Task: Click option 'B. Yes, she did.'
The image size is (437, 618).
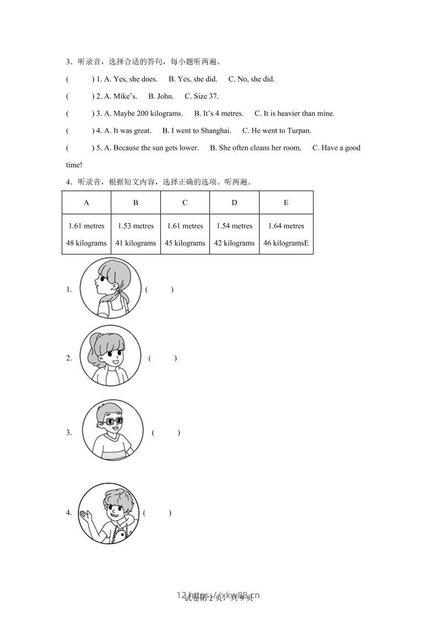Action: (x=193, y=79)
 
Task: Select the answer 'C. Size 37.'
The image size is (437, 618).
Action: (x=202, y=96)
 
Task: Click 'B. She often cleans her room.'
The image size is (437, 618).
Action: (x=256, y=148)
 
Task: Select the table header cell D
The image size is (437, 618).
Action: (x=234, y=203)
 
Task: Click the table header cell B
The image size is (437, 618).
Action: (x=136, y=203)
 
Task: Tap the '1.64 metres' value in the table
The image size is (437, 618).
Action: (x=286, y=226)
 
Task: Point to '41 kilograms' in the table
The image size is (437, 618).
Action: (x=136, y=243)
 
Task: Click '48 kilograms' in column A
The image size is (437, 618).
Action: (x=87, y=243)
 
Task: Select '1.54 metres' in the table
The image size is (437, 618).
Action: (x=234, y=226)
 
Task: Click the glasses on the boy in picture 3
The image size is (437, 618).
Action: (x=113, y=422)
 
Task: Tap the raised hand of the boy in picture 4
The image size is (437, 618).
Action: (x=85, y=516)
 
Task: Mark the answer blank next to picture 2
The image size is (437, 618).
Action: (x=163, y=358)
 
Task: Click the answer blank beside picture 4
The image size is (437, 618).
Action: (x=157, y=513)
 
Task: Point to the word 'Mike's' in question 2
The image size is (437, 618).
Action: (x=125, y=96)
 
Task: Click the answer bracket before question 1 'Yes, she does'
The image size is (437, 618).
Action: (x=80, y=79)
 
